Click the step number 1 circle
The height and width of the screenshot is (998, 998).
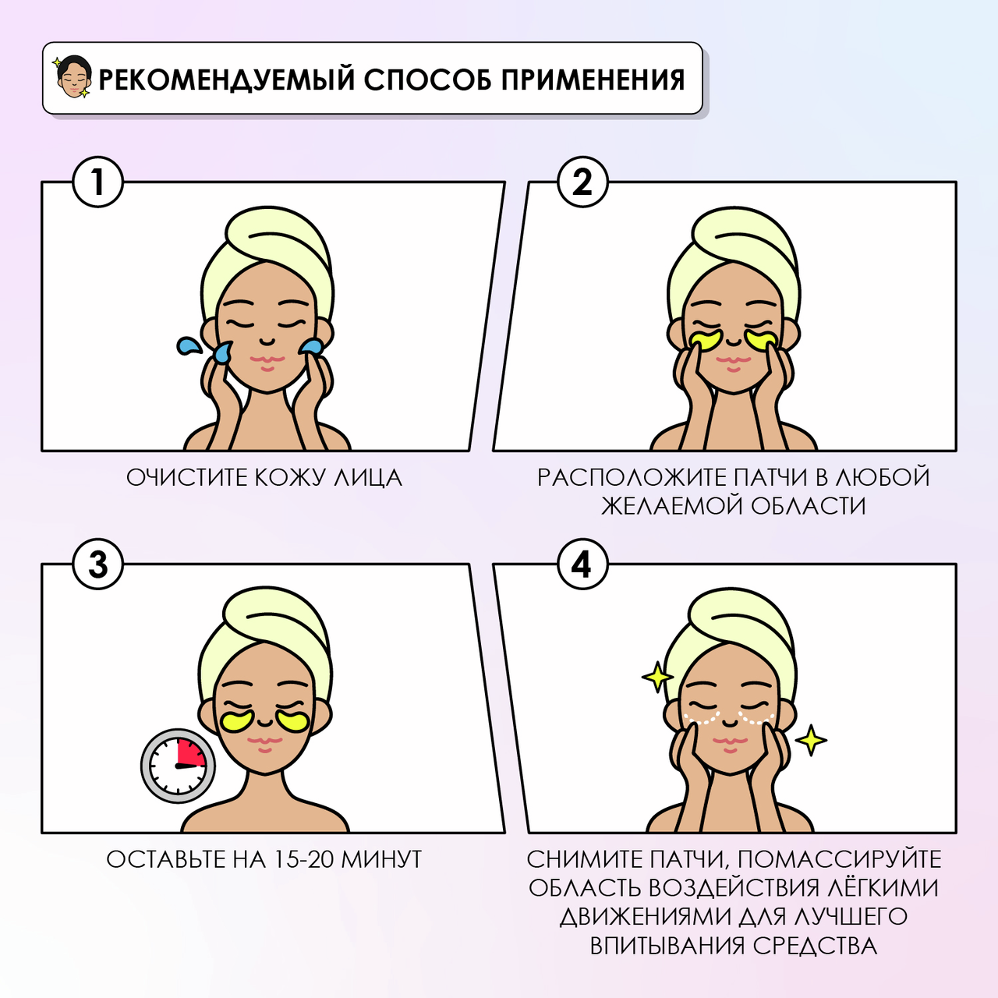(x=98, y=182)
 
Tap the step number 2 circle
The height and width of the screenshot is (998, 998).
(x=582, y=182)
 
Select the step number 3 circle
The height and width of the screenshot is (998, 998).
(x=98, y=564)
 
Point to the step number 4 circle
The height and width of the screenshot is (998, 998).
(x=582, y=564)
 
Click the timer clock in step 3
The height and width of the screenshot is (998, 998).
(x=179, y=766)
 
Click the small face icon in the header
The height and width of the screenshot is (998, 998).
(x=73, y=77)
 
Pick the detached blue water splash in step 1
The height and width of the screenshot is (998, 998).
(x=188, y=345)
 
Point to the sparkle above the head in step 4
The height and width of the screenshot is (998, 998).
(x=657, y=677)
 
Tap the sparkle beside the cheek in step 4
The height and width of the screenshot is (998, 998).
(x=811, y=740)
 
